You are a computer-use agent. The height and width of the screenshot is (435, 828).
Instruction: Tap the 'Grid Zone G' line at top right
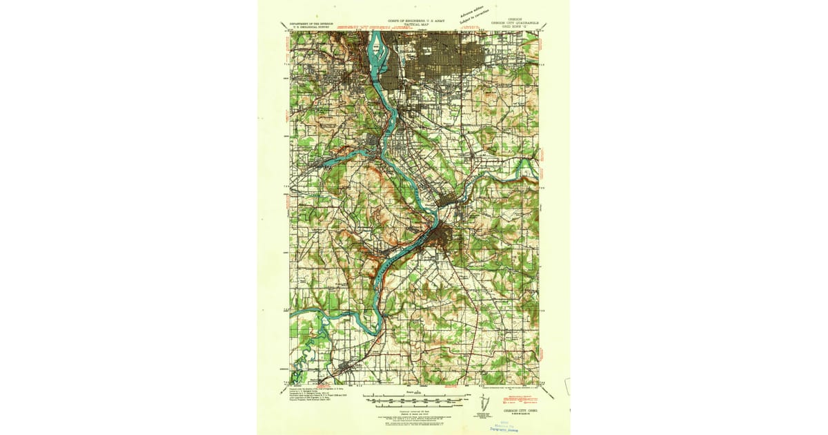[x=513, y=26]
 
